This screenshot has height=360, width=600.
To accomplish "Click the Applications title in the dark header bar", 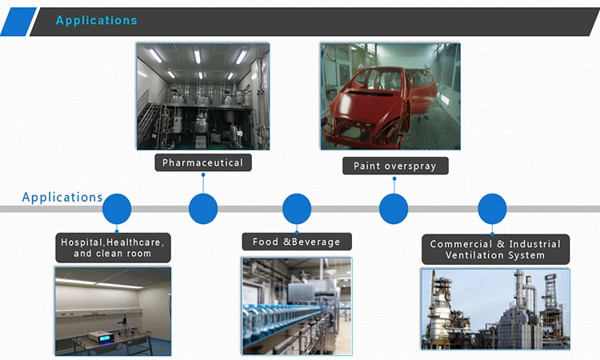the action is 97,20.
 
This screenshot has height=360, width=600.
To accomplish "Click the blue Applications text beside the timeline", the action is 62,197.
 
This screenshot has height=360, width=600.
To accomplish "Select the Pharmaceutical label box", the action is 203,162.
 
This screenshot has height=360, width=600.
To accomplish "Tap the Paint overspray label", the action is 395,166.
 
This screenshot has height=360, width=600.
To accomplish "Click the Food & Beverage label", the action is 297,242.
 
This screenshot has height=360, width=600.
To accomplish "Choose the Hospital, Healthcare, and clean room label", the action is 113,248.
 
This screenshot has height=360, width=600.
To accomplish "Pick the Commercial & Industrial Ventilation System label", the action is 495,250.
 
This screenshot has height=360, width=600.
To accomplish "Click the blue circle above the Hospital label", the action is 117,209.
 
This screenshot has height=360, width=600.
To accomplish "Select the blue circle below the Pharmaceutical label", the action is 203,209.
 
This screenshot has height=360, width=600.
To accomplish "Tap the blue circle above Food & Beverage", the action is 297,209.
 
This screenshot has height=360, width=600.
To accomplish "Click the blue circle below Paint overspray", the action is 394,209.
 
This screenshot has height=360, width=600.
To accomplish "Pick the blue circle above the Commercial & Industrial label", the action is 492,209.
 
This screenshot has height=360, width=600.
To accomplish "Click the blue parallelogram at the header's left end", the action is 18,22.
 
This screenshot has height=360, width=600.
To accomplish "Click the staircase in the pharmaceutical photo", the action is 149,114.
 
